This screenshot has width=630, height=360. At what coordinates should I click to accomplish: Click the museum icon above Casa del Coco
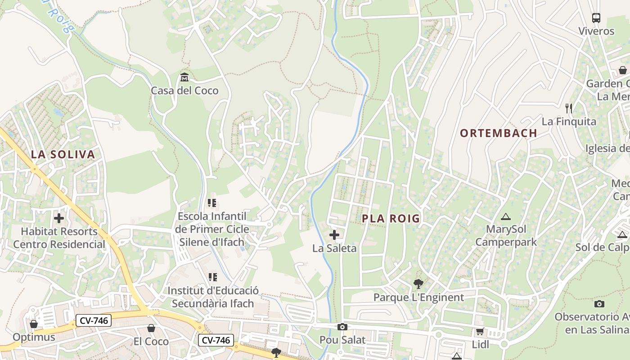184,77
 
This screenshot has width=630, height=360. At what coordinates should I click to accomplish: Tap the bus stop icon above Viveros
596,18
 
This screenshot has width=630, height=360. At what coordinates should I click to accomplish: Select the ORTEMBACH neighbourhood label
499,133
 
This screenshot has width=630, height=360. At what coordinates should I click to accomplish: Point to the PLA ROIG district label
391,219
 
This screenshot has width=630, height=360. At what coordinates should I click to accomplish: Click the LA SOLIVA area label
63,155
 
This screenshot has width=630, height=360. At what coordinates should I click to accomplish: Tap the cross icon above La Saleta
334,234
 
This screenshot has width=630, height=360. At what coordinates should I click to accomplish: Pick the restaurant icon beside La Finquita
569,108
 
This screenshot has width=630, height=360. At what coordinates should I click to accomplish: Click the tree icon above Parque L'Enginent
418,284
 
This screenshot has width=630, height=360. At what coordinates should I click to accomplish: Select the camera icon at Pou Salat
342,327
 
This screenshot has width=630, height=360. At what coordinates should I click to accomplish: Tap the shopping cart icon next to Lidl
480,332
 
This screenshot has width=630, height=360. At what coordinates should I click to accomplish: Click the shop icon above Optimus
34,324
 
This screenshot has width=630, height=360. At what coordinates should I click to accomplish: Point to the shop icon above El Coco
151,328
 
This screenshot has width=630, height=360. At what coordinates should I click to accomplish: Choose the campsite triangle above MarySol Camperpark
506,216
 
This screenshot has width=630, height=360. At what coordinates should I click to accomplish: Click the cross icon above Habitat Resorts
59,218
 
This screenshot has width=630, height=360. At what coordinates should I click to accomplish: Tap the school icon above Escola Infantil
212,203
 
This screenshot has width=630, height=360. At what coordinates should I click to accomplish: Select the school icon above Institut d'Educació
212,277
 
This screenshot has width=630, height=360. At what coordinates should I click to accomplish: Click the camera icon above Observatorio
599,304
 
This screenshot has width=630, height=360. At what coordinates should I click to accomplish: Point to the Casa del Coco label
184,90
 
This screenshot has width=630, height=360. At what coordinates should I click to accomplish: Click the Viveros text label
596,31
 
